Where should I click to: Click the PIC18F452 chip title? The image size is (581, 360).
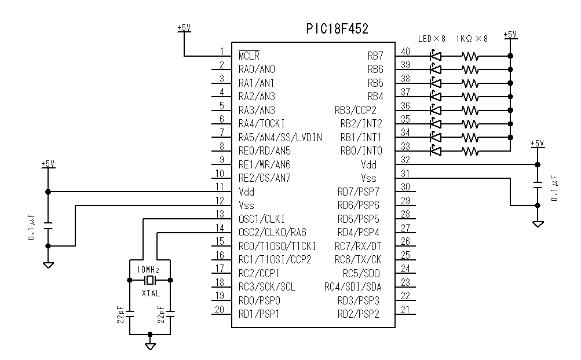337,29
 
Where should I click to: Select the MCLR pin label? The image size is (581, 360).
249,56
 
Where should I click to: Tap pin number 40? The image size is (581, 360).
405,51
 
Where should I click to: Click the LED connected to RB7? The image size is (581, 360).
435,56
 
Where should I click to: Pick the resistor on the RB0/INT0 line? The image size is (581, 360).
470,151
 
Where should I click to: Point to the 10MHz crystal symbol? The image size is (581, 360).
150,280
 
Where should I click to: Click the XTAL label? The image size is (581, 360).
151,293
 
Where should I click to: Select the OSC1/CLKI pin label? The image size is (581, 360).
262,219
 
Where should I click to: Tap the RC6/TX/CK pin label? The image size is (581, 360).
358,260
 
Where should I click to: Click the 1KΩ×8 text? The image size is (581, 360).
473,39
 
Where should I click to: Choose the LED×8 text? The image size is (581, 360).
432,39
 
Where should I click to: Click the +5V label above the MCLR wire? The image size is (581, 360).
184,27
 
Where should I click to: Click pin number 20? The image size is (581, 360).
220,310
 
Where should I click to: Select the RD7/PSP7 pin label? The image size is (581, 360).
359,192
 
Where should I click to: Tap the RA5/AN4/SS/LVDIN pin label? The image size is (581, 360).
280,138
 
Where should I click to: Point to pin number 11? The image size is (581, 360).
220,186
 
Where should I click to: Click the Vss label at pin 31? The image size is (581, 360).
369,178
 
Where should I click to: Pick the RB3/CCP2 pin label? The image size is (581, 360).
355,110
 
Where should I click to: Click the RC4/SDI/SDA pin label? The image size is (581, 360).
353,287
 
